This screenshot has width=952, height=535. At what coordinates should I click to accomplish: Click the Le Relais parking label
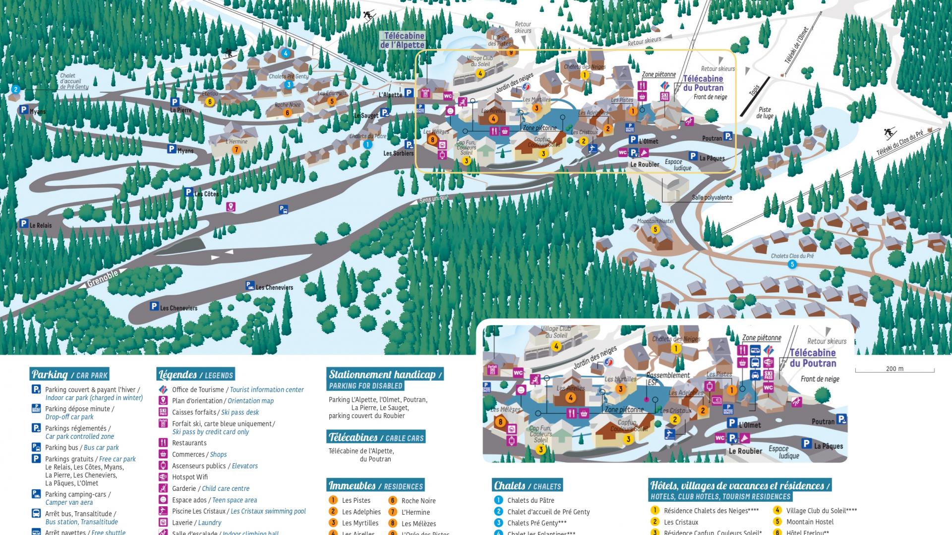click(x=40, y=225)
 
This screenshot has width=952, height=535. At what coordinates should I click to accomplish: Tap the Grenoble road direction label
click(x=103, y=278)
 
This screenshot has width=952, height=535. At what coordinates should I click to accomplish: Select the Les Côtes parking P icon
click(x=188, y=192)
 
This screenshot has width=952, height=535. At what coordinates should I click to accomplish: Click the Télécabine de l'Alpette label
click(x=403, y=40)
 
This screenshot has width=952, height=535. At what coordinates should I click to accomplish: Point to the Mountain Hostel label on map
click(x=655, y=221)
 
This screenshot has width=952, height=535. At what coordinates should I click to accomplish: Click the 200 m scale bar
click(x=894, y=369)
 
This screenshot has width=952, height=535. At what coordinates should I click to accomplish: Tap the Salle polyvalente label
click(x=712, y=197)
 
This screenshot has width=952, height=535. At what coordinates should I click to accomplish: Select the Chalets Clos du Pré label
click(x=792, y=256)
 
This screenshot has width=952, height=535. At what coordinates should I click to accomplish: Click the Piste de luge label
click(x=764, y=113)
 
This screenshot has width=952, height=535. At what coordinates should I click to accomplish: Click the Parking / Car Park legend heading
click(x=69, y=374)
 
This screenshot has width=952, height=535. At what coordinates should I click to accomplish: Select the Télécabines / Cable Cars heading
click(x=376, y=437)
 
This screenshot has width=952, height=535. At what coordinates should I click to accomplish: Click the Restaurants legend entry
click(x=189, y=443)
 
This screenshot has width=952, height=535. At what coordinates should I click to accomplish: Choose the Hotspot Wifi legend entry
click(x=189, y=477)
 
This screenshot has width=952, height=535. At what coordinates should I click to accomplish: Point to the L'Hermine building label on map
click(x=236, y=142)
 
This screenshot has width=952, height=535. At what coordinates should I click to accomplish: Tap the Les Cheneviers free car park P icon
click(x=154, y=307)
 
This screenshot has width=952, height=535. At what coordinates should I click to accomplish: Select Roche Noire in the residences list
click(x=418, y=501)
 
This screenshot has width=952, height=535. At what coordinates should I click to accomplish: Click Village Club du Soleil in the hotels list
click(x=821, y=510)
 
